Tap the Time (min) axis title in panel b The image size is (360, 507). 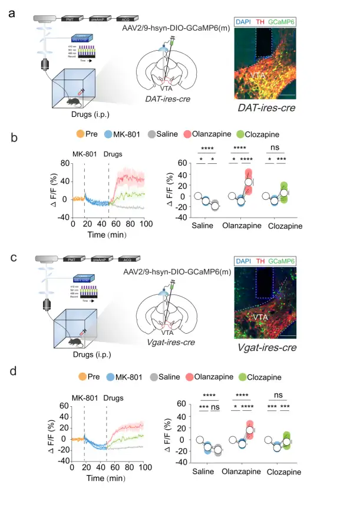pyautogui.click(x=108, y=234)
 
